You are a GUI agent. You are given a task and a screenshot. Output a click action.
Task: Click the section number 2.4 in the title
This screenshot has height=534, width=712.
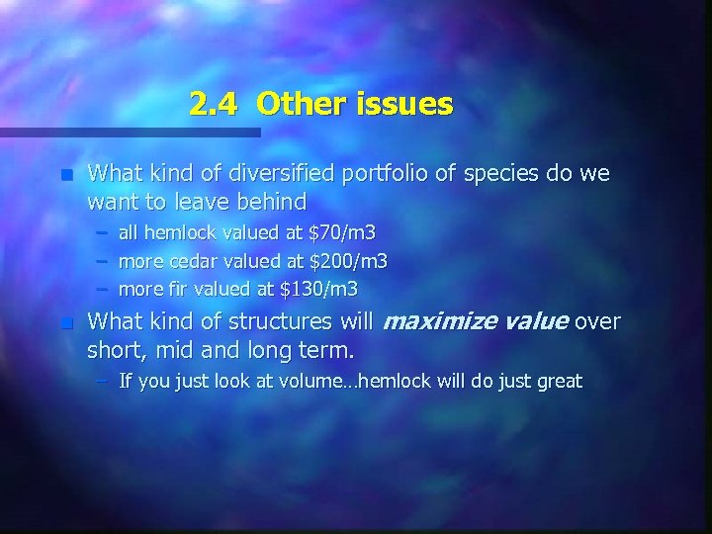(213, 103)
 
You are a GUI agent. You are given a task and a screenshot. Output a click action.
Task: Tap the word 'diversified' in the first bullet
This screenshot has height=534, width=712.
(269, 174)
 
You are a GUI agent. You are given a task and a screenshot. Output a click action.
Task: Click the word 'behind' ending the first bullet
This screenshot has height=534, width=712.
(270, 202)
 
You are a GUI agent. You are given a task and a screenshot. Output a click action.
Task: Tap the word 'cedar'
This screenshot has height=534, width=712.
(194, 262)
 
